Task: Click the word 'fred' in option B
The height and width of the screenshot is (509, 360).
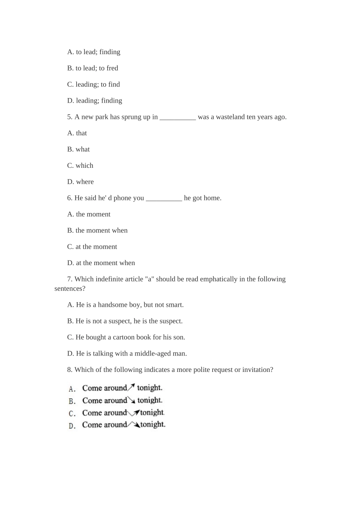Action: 112,68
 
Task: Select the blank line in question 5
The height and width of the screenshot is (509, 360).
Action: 178,117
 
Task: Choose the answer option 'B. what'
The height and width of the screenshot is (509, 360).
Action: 78,149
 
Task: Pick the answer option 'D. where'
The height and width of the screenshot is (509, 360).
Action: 80,182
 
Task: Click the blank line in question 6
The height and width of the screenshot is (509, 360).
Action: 164,198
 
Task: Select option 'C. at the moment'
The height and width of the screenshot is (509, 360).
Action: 92,247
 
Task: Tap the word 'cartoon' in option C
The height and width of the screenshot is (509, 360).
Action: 124,337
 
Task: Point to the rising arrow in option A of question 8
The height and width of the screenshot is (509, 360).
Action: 131,387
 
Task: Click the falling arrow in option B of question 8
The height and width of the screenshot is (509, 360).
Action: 131,400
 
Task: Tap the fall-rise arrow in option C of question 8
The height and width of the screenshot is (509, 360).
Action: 133,412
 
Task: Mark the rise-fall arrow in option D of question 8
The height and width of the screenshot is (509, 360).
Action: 133,425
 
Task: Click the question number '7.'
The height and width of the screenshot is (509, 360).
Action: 70,279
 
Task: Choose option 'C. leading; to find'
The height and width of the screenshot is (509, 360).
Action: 94,84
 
